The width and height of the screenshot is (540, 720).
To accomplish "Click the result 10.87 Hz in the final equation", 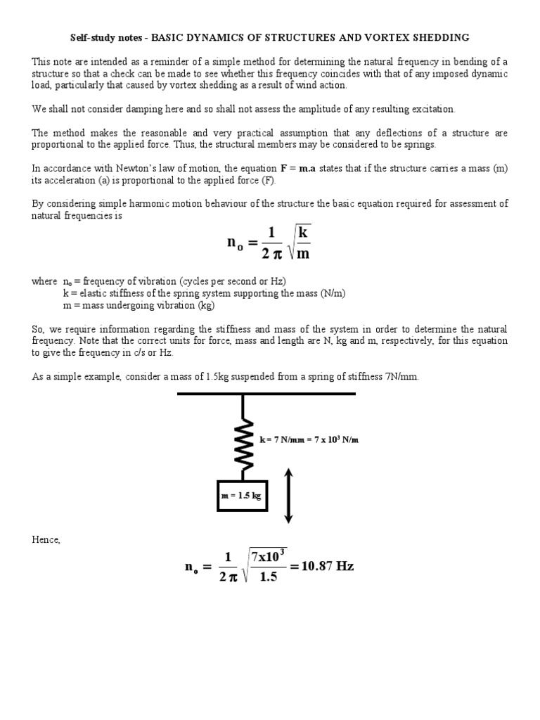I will point(327,567).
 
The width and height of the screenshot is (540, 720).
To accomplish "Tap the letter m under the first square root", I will point(302,254).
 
